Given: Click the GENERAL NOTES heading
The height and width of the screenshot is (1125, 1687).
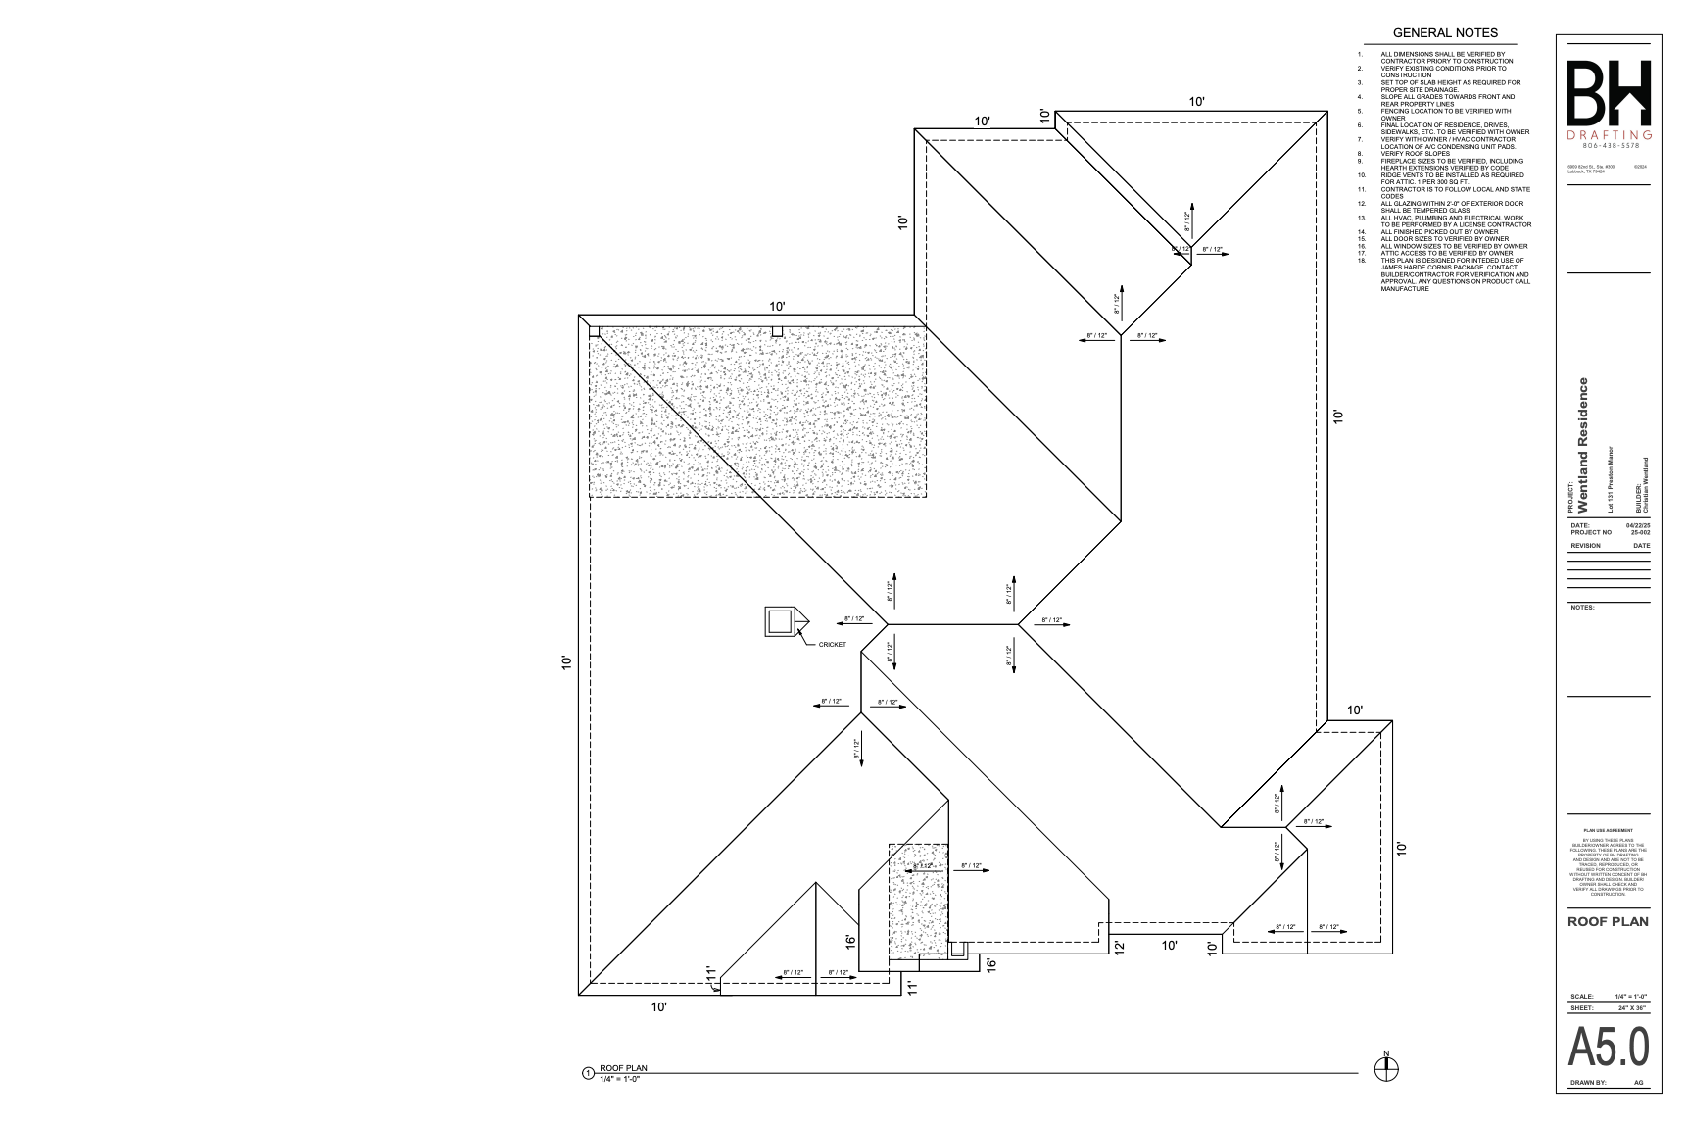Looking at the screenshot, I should click(1445, 33).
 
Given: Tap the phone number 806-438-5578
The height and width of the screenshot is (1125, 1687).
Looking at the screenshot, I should click(1609, 145).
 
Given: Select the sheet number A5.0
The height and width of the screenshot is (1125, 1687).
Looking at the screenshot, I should click(1609, 1048).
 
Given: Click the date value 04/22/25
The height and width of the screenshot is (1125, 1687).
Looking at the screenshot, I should click(1637, 525).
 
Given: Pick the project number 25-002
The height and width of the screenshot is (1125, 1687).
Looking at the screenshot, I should click(1640, 532).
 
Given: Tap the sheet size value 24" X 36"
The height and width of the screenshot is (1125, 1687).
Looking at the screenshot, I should click(1634, 1007).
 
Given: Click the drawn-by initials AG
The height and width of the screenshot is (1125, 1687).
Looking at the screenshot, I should click(1639, 1083).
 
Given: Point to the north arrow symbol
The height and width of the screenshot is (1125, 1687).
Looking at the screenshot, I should click(1386, 1070).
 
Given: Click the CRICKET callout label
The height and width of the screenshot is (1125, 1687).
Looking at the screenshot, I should click(832, 644).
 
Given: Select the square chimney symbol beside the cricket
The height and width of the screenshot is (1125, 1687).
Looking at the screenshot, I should click(779, 622).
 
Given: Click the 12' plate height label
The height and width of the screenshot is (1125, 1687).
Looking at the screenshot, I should click(1119, 947).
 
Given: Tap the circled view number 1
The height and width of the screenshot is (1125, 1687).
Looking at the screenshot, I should click(588, 1074).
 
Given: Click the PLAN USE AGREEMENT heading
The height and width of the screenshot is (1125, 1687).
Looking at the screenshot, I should click(1608, 830).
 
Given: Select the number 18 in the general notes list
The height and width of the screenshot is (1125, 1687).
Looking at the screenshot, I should click(1362, 260).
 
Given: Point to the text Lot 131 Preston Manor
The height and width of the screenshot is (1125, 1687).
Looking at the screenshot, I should click(1610, 480).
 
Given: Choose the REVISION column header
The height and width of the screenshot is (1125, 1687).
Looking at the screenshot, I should click(1585, 546).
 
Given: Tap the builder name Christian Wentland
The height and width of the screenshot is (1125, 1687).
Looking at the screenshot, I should click(1646, 486).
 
